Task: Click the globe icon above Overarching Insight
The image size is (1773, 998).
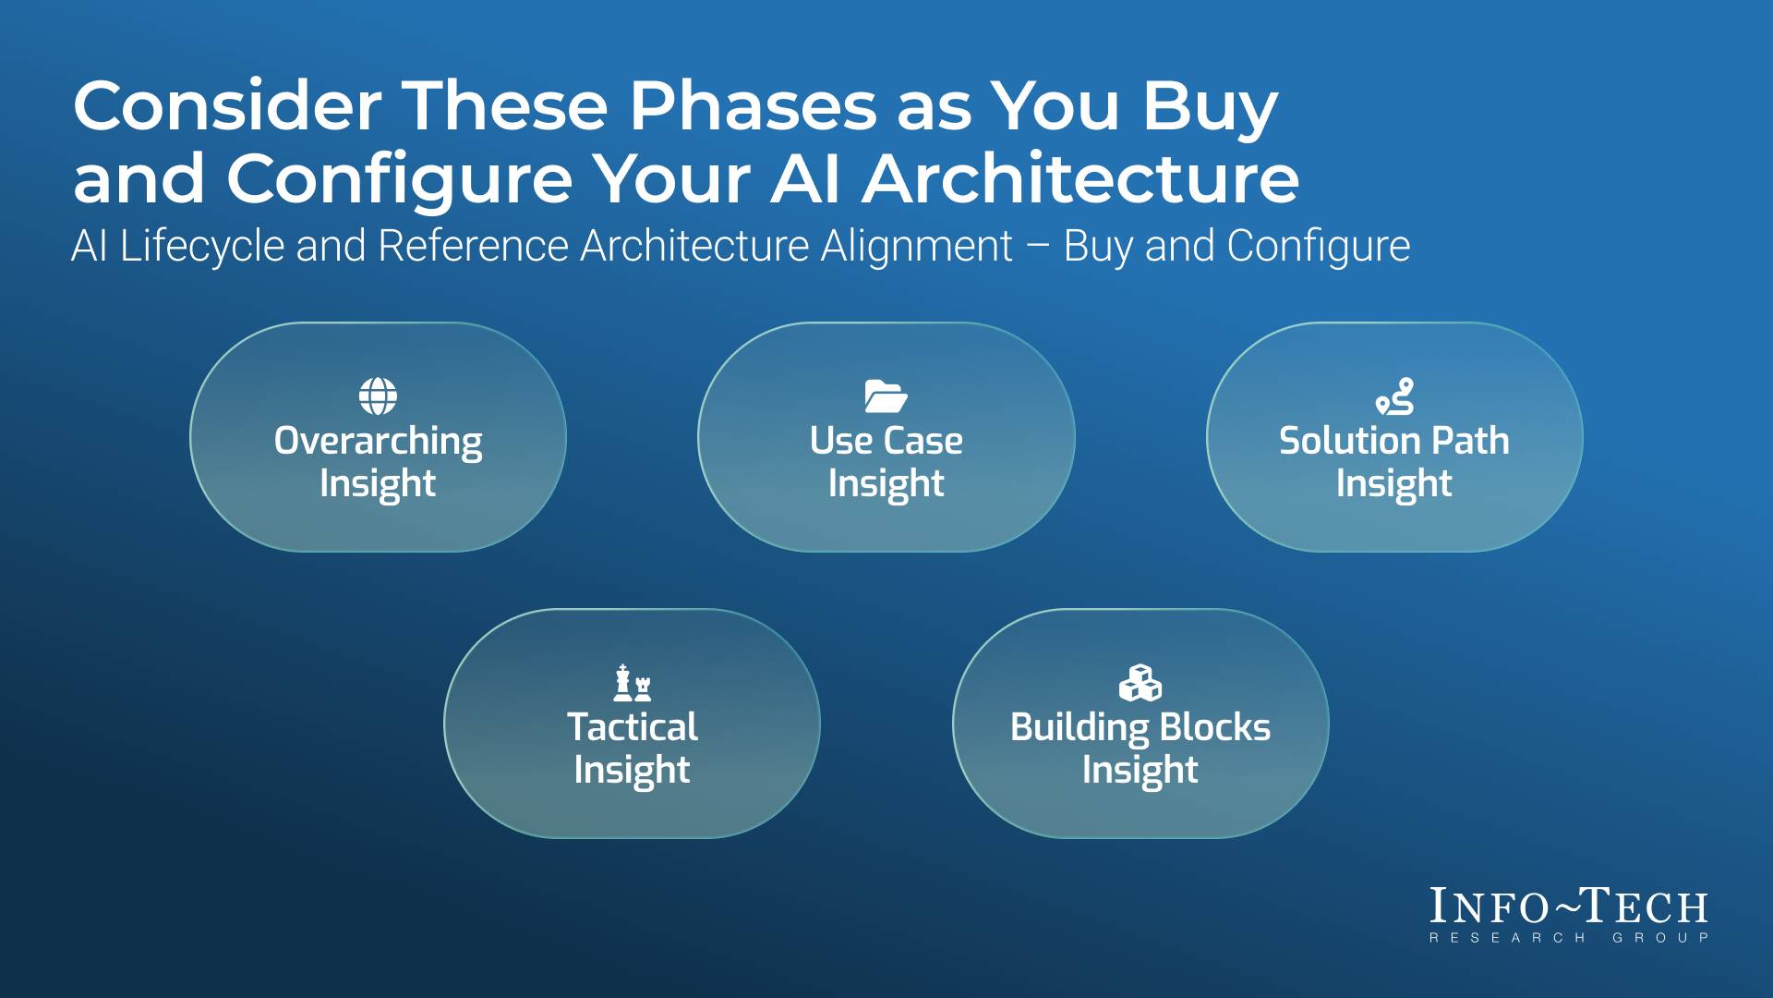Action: coord(378,396)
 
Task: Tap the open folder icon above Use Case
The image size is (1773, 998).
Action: coord(886,396)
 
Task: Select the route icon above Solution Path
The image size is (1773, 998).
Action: coord(1394,396)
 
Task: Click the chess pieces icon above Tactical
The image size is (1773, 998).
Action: coord(633,683)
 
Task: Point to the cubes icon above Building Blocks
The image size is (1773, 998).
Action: coord(1140,683)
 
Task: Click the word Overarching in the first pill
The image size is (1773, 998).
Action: coord(378,441)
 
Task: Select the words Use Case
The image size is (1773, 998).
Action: coord(886,441)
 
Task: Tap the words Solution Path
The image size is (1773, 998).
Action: coord(1393,441)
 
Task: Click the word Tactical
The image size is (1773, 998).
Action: coord(633,727)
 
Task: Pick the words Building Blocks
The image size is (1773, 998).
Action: coord(1140,727)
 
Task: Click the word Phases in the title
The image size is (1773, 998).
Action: coord(753,106)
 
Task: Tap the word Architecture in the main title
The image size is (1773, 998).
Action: coord(1080,178)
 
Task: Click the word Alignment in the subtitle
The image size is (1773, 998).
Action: coord(917,247)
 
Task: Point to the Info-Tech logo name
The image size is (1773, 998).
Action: coord(1568,907)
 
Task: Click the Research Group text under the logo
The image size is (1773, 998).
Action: coord(1568,938)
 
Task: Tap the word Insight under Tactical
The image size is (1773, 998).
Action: coord(633,770)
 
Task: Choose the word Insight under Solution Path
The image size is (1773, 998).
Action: coord(1393,483)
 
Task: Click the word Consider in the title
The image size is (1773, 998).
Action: coord(227,106)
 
